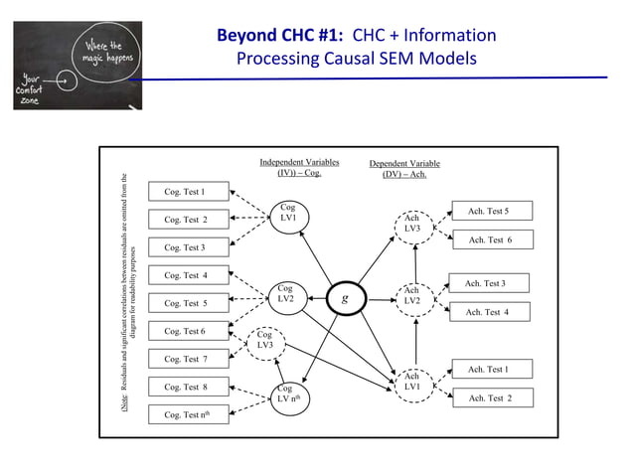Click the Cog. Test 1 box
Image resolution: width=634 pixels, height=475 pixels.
tap(189, 192)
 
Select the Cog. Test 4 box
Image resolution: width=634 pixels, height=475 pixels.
tap(189, 275)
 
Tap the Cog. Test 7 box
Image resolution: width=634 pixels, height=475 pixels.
tap(189, 359)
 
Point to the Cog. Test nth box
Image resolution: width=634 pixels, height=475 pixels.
tap(189, 414)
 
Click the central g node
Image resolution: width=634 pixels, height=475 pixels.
tap(344, 297)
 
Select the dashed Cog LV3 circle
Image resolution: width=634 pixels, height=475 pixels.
tap(264, 341)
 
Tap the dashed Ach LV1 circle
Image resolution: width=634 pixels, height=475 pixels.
tap(411, 381)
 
